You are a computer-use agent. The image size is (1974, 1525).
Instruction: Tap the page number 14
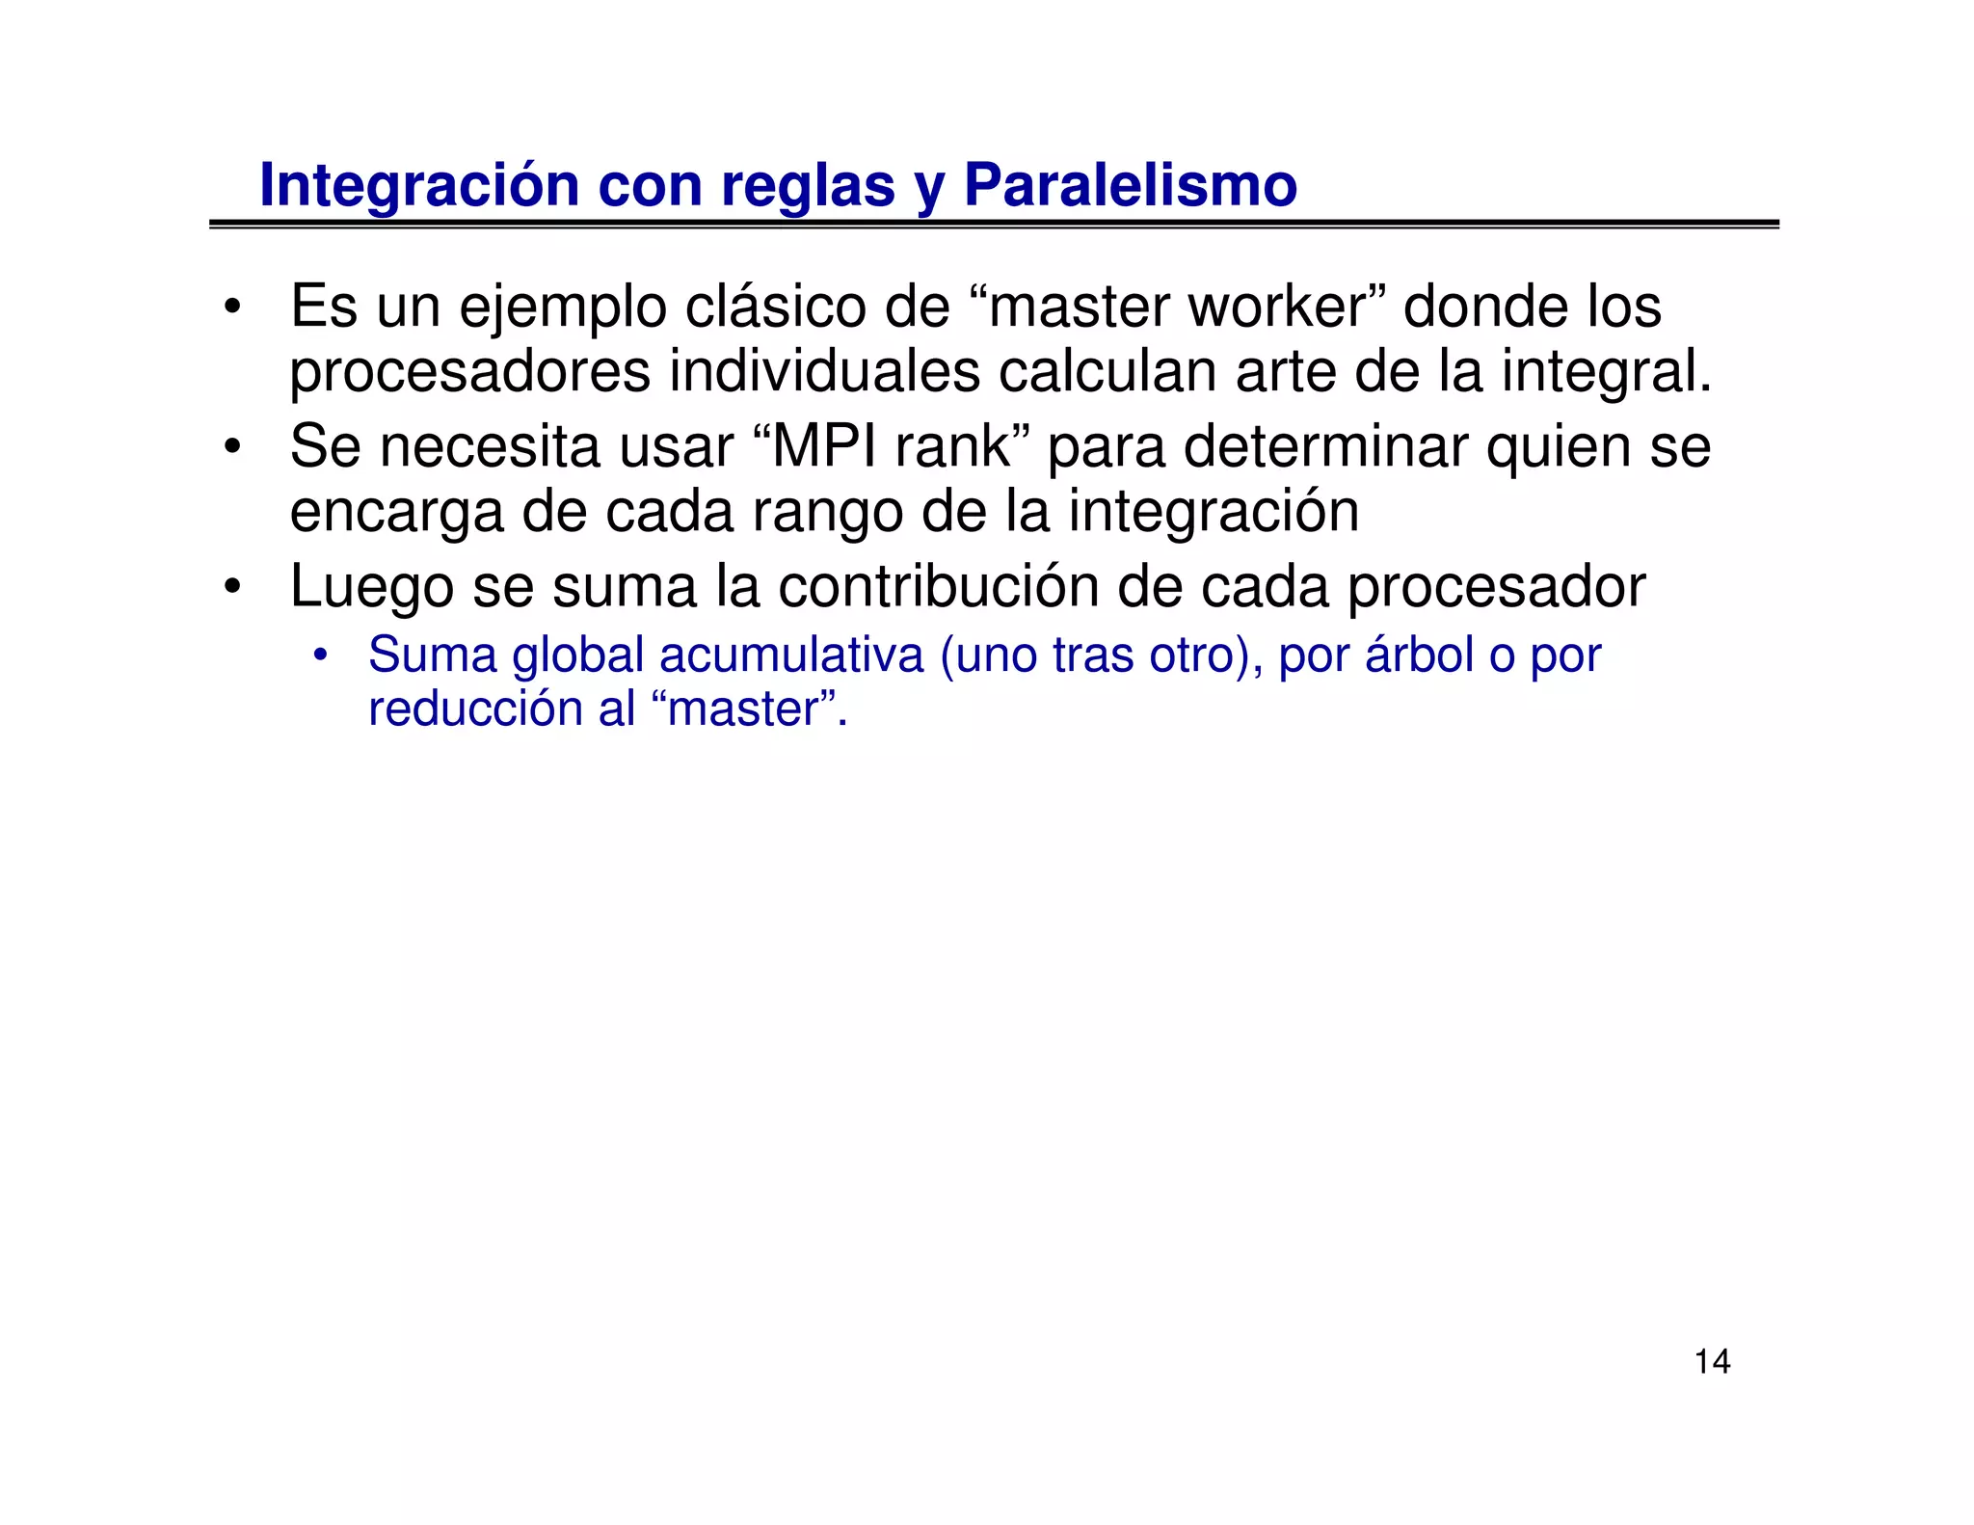1712,1361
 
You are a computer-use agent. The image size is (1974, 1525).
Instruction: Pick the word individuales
824,371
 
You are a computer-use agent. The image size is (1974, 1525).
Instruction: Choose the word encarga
395,512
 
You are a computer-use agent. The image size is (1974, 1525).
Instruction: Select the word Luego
371,586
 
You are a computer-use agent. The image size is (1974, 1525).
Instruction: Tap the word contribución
938,586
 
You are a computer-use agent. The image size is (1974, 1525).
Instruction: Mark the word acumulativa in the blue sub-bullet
791,655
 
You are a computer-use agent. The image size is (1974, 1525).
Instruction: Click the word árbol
1419,655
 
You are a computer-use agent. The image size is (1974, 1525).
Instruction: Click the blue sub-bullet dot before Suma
321,656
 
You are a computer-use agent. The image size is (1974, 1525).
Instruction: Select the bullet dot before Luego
231,587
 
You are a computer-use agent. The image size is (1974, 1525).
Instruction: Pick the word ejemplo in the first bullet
562,308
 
